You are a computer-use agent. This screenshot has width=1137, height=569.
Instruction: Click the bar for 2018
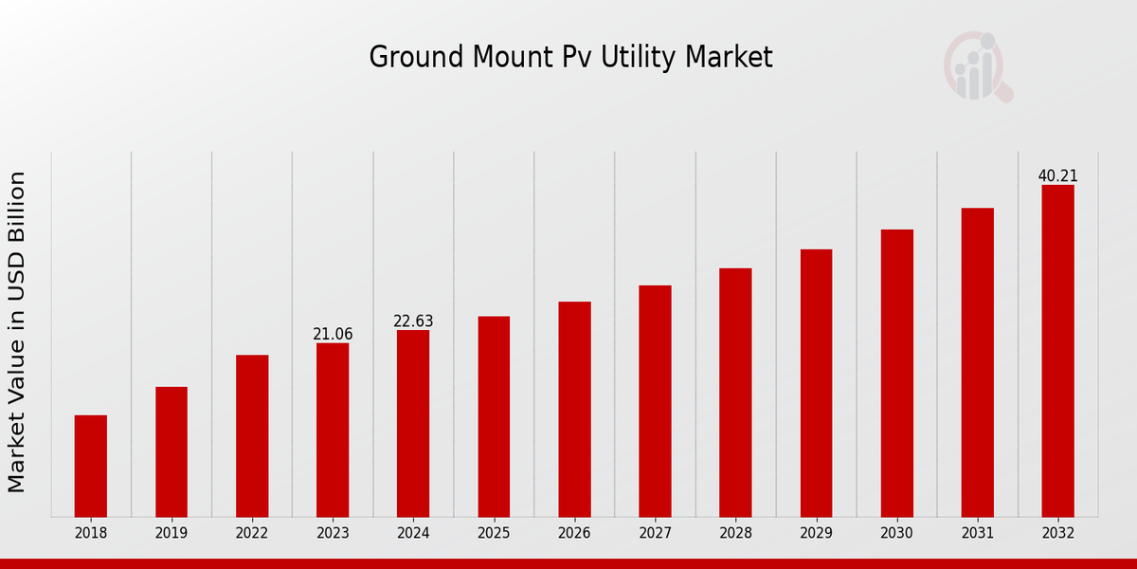coord(91,466)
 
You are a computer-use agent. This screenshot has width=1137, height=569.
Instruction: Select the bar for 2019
coord(171,451)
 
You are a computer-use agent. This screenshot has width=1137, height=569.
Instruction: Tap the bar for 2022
coord(252,435)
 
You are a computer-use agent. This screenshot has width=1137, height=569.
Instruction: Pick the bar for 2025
coord(494,416)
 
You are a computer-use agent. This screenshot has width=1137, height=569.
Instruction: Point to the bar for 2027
coord(655,401)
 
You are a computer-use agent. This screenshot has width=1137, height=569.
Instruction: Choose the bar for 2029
coord(816,383)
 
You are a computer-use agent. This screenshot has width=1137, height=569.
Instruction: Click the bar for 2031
coord(977,362)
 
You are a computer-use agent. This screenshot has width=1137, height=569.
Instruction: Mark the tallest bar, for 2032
coord(1057,351)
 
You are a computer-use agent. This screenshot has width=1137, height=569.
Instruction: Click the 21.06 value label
coord(333,334)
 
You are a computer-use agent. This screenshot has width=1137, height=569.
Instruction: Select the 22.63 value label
coord(413,321)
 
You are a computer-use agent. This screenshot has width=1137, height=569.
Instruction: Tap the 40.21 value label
coord(1057,176)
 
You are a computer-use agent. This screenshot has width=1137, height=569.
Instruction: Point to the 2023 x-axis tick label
coord(333,533)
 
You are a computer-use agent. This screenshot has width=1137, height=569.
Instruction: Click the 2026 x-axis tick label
coord(574,533)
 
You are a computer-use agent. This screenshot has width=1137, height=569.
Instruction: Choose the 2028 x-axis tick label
coord(735,533)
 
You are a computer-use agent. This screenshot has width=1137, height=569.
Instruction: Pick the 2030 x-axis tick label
coord(896,533)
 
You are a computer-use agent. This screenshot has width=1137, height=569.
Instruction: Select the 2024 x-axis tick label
coord(413,533)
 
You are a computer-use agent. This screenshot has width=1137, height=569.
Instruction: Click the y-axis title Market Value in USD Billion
coord(17,332)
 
